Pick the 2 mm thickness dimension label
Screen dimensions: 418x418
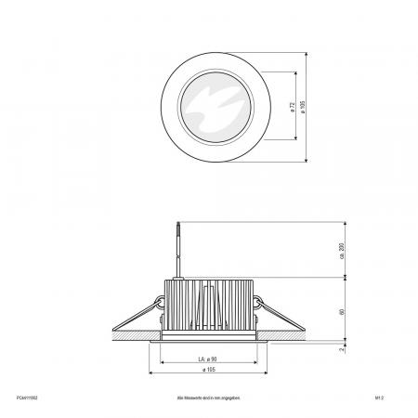[x=343, y=348]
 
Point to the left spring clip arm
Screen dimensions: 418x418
[x=139, y=310]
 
